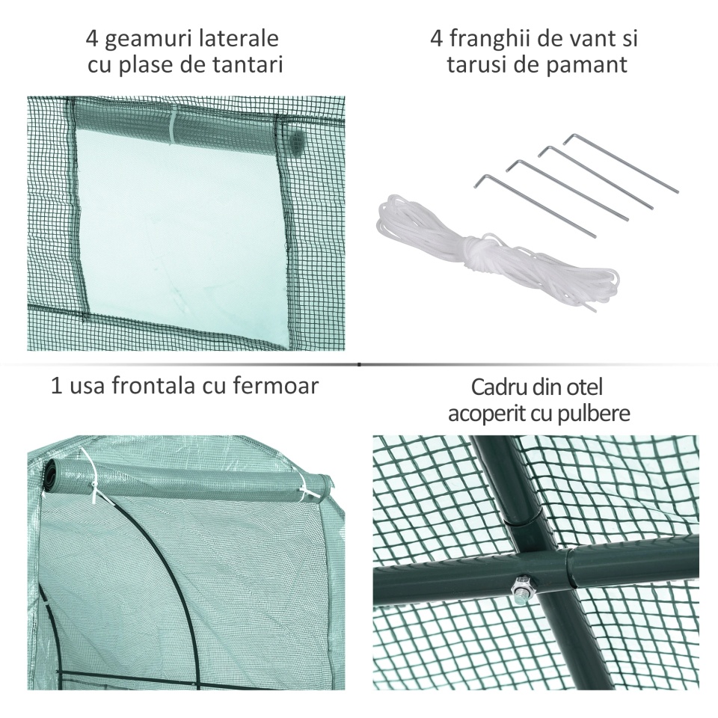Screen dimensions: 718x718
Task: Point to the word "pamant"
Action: point(590,66)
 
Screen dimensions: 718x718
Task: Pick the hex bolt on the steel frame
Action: point(521,586)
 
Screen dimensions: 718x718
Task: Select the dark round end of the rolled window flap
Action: point(298,140)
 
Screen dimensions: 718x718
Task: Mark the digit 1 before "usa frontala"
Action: point(56,386)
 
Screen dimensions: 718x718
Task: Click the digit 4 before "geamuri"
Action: point(92,38)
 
